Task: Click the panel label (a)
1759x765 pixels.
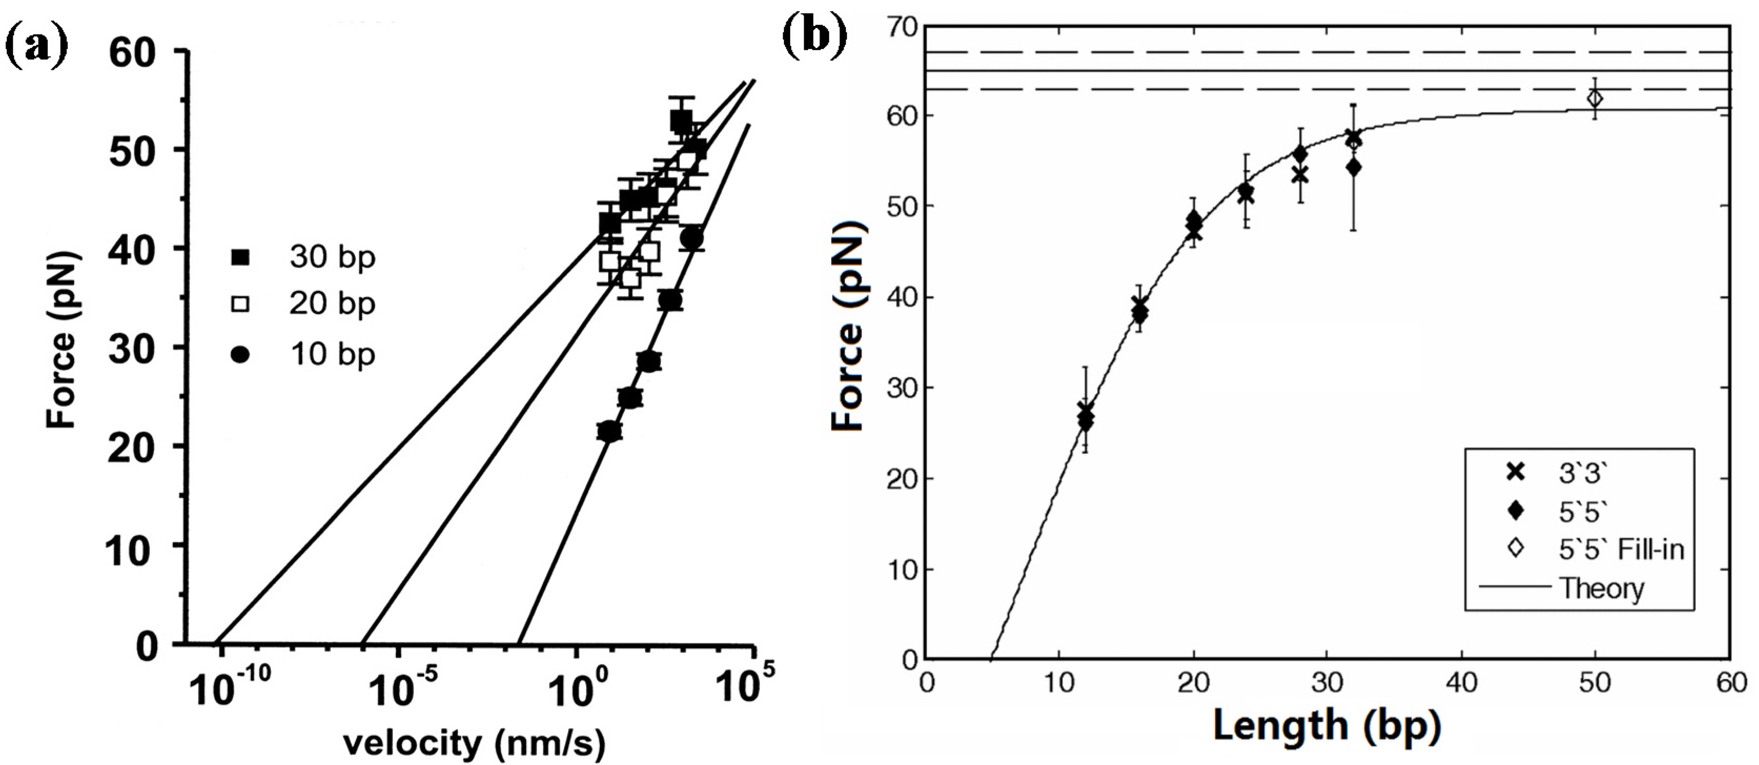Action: pyautogui.click(x=37, y=43)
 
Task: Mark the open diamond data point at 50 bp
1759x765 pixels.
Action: pyautogui.click(x=1595, y=99)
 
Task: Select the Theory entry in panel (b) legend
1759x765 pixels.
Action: pyautogui.click(x=1601, y=588)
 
